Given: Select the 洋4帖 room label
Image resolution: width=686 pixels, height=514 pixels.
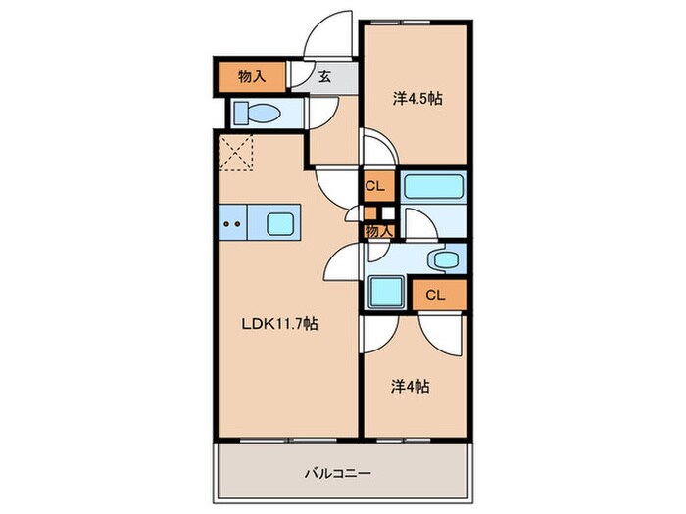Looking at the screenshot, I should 410,386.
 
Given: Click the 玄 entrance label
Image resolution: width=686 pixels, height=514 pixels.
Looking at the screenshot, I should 322,77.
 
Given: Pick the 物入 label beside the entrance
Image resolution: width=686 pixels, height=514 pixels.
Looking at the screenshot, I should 251,75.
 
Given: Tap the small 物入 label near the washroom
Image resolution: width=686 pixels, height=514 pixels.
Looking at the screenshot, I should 378,231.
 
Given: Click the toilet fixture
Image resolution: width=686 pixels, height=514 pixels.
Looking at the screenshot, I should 257,113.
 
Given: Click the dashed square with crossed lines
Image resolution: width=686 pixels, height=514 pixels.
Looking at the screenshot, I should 235,151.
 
